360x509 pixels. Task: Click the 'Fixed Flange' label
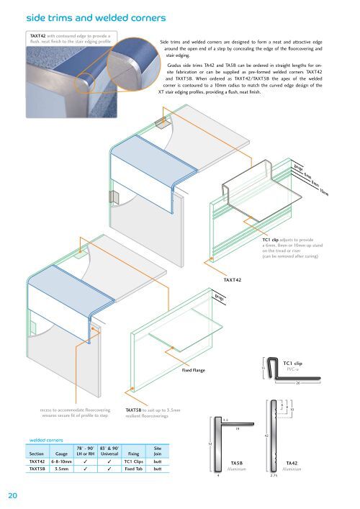click(194, 370)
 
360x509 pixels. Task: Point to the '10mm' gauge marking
click(324, 192)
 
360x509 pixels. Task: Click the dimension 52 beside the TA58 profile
click(210, 445)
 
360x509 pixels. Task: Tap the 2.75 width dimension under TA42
click(273, 476)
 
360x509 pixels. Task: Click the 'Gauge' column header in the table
click(61, 454)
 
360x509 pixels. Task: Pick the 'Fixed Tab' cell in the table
click(132, 469)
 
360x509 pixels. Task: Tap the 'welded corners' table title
click(45, 438)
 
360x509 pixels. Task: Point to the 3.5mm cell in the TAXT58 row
click(61, 469)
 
